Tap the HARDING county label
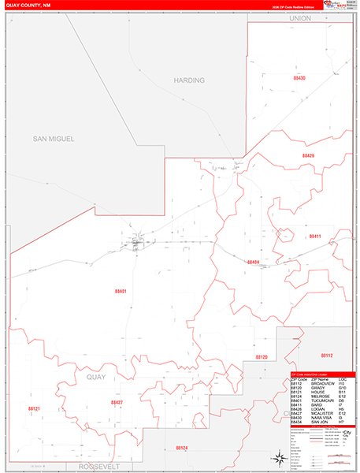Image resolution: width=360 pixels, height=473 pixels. point(189,80)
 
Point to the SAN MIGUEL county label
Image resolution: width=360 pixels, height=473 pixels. point(53,139)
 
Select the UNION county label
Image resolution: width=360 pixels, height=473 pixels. point(300,17)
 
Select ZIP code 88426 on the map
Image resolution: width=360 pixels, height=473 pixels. point(308,156)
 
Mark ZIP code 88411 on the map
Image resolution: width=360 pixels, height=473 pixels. point(315,236)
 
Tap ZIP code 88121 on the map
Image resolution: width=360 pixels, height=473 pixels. point(33,409)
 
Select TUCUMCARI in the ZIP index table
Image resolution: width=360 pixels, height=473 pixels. point(321,401)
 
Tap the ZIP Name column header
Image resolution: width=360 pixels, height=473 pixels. point(319,380)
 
